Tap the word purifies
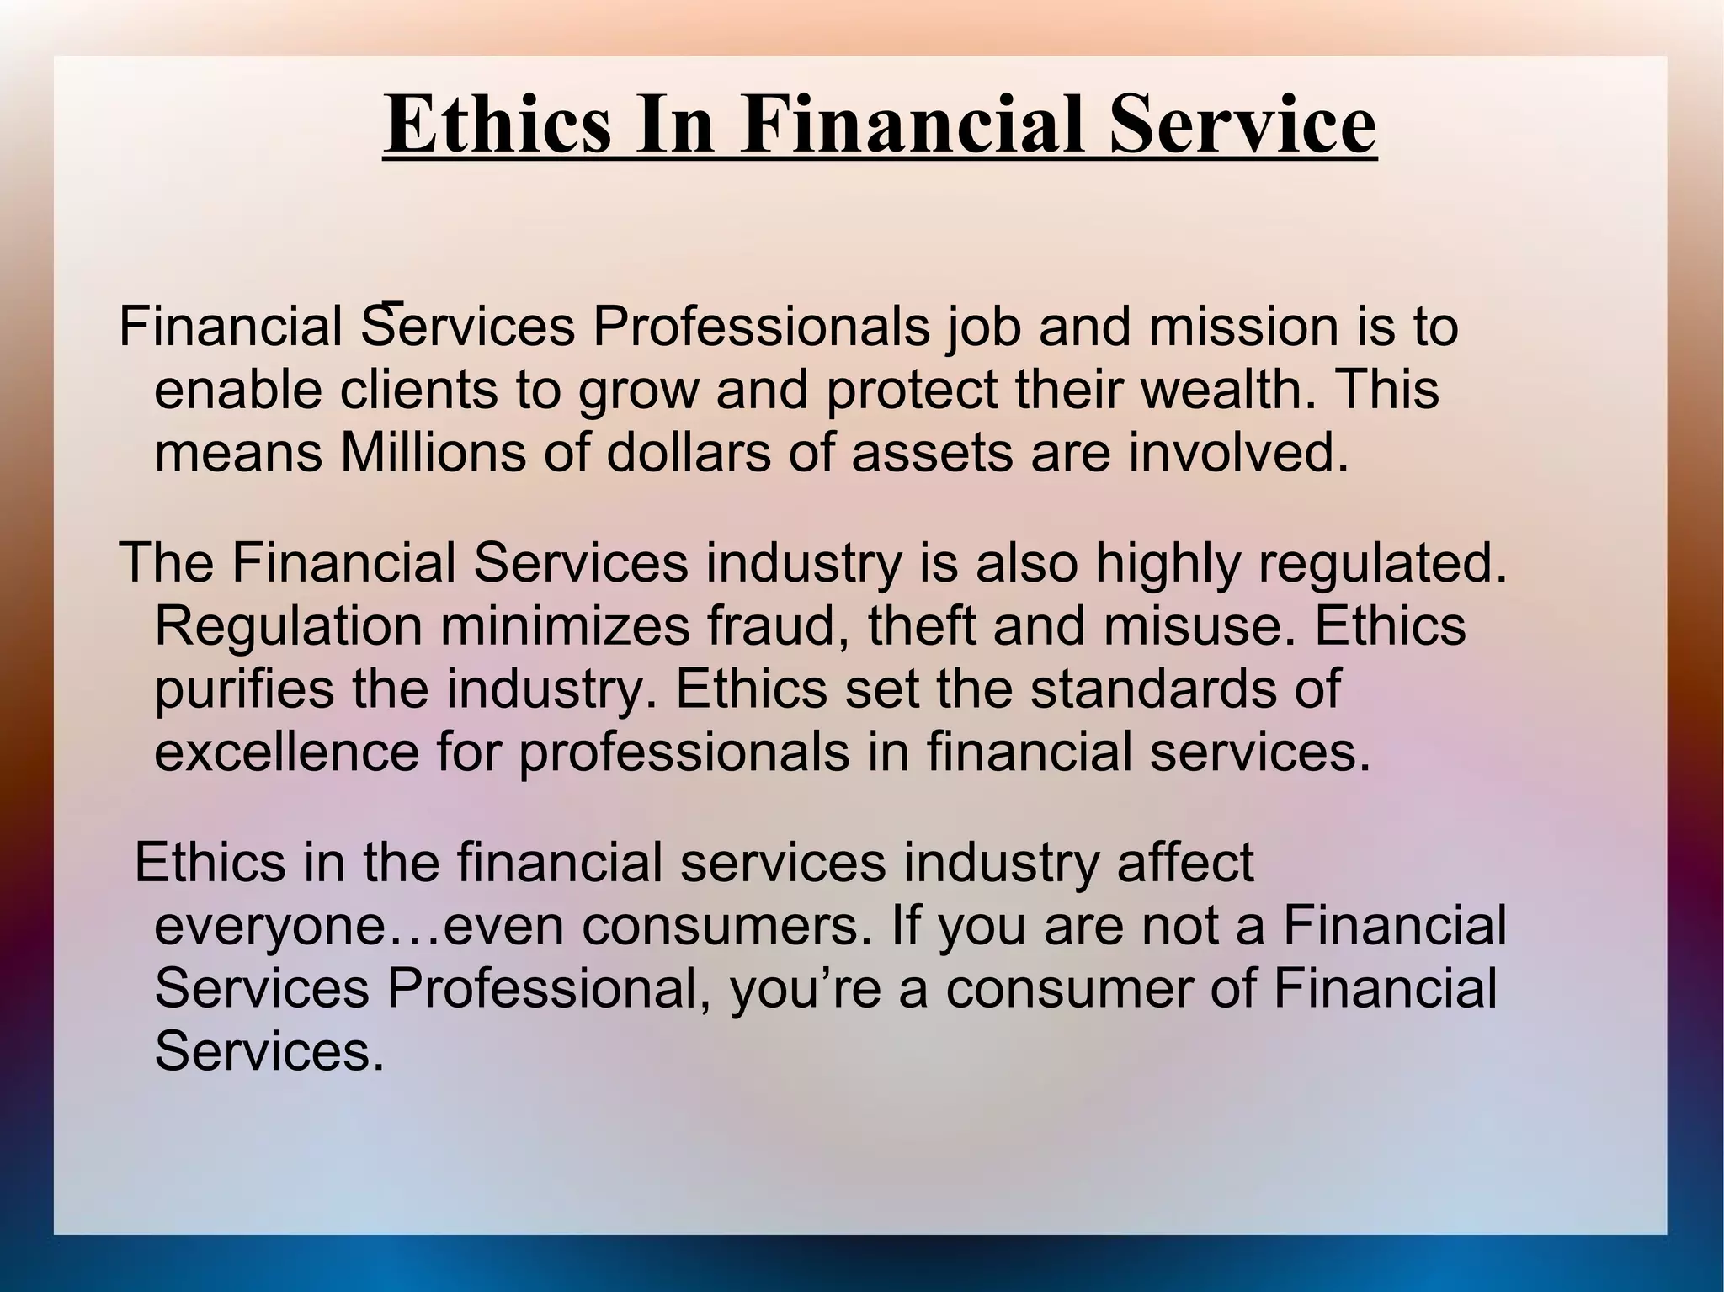[x=244, y=690]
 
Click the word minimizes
[x=564, y=626]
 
